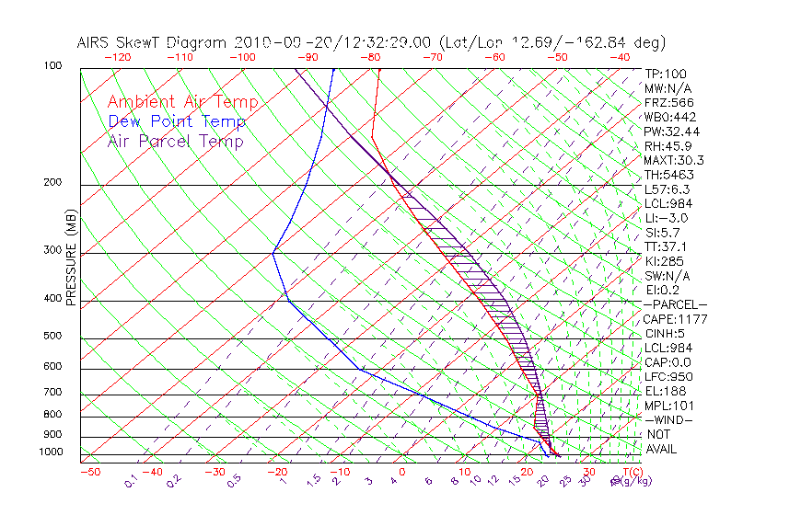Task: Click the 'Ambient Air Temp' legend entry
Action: (182, 102)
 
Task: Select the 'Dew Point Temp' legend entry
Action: (177, 121)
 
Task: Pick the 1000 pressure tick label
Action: (52, 452)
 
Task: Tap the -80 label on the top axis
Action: (371, 57)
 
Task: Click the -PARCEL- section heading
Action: (675, 304)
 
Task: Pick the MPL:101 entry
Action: (668, 406)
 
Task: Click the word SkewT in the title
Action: (175, 42)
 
